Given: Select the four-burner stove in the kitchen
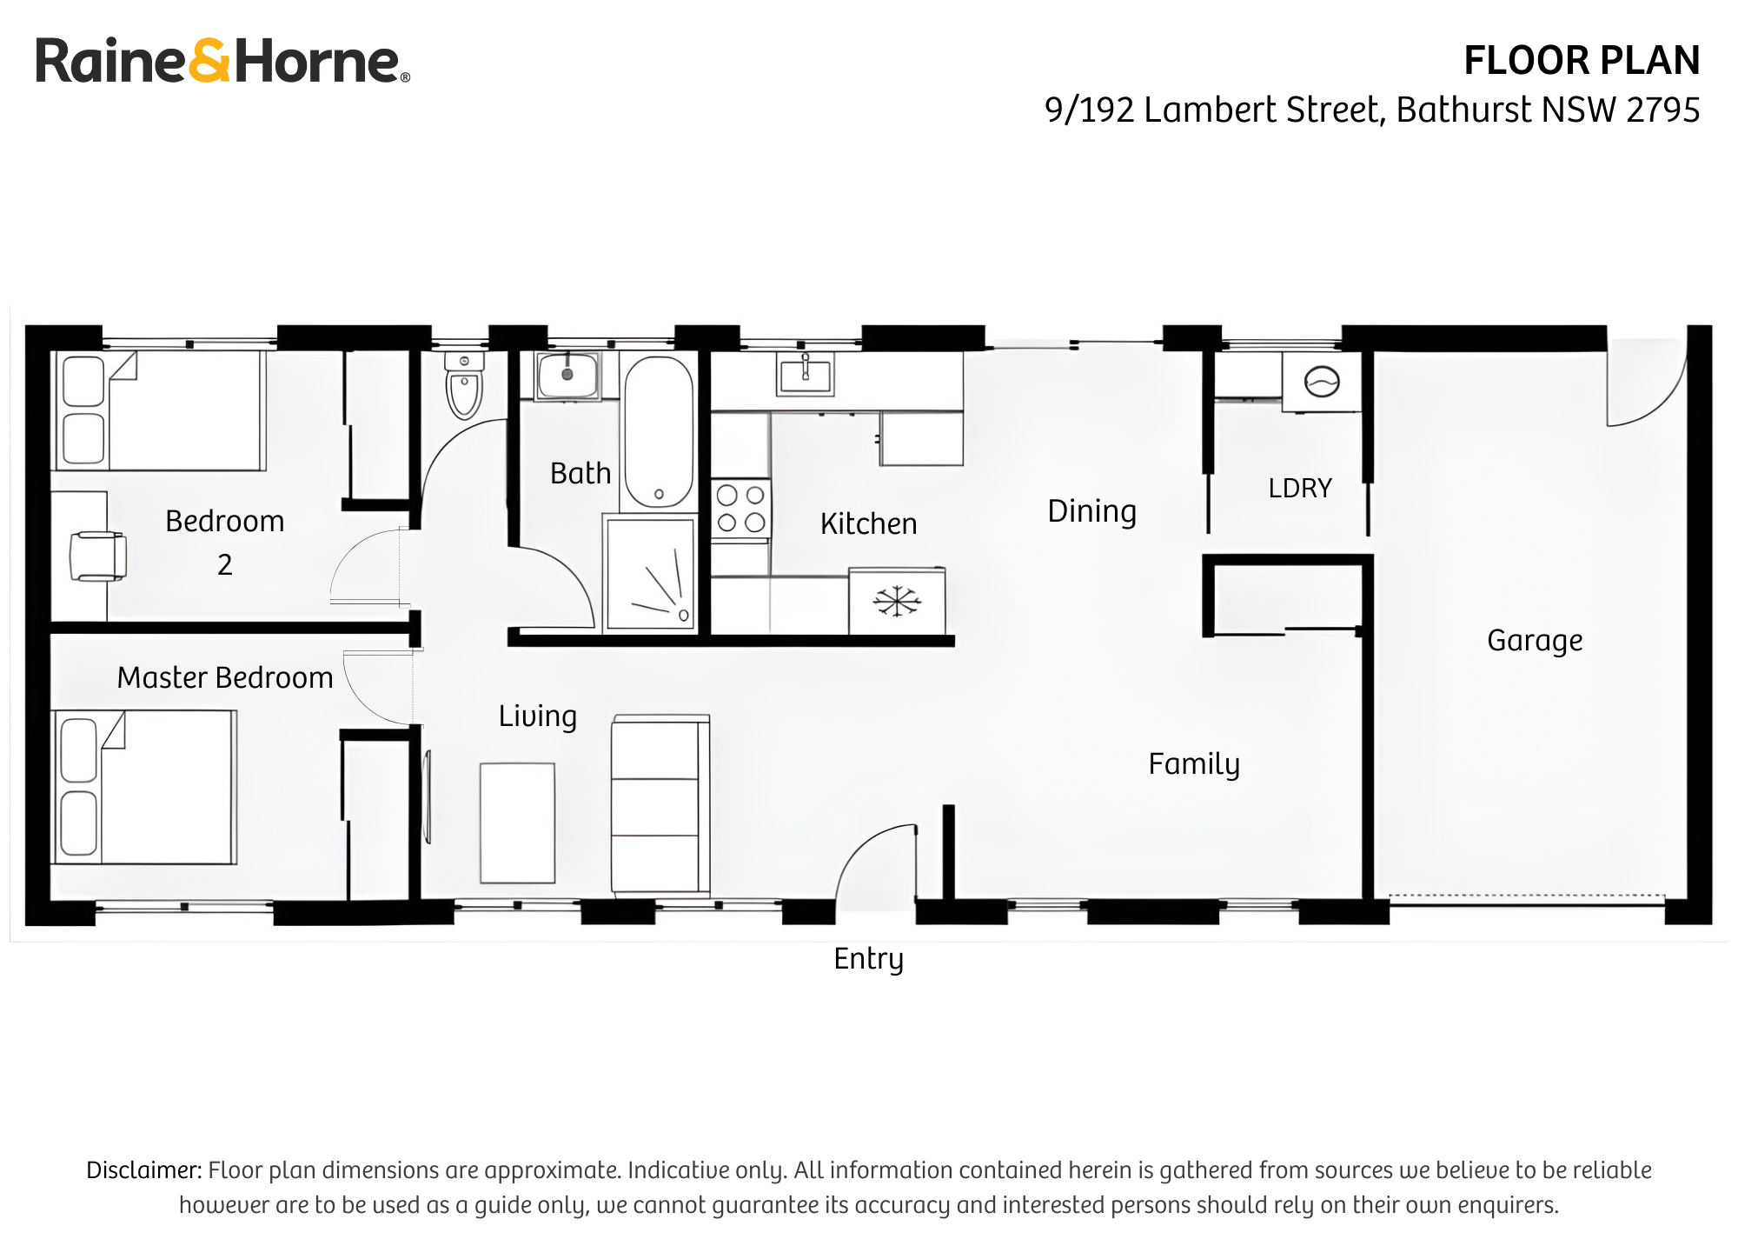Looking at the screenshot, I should [740, 509].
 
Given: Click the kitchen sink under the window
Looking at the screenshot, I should [806, 375].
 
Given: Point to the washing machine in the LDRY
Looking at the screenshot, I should [1322, 382].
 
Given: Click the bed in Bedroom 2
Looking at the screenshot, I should [160, 410].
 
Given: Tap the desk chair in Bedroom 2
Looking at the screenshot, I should [97, 556].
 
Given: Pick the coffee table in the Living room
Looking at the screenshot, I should [518, 823].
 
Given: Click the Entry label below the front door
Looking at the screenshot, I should [868, 959].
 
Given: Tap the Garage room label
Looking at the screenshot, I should [1535, 641].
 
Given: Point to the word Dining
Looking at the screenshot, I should [1091, 511].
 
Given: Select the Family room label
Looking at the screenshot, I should [1194, 764].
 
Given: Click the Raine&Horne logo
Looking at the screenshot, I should [222, 61].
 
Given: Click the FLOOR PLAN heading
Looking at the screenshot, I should [1582, 61].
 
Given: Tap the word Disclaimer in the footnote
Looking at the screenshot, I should [143, 1170].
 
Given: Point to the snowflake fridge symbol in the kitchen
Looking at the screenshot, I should [897, 601].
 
